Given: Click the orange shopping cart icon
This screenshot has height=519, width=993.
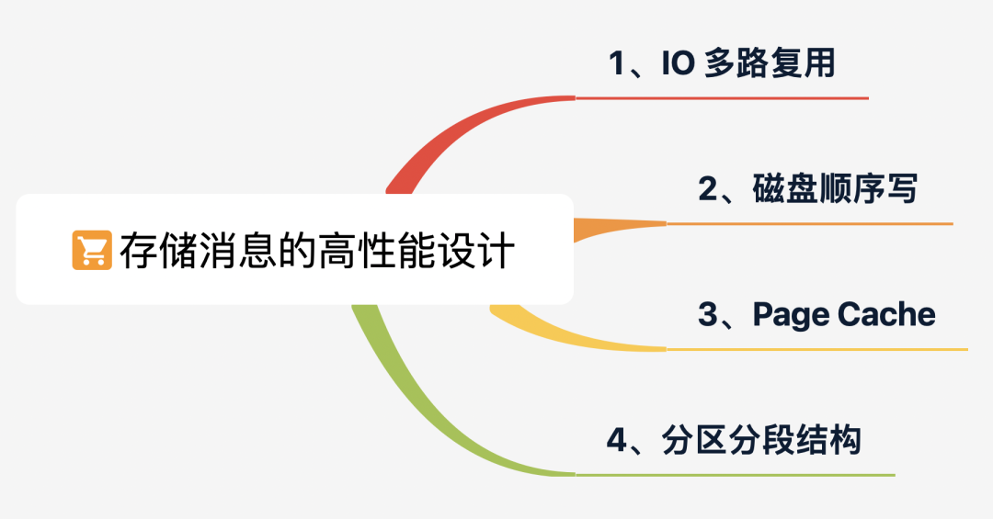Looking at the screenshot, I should [92, 250].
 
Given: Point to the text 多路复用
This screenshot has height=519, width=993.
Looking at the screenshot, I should [769, 65].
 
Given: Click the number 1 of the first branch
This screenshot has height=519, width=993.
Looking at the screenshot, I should [616, 65].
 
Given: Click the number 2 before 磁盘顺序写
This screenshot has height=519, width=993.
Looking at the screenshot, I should [707, 190].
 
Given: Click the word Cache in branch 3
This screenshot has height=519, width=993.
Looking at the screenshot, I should [886, 314].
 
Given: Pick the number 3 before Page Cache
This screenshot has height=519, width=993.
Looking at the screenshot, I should [707, 315].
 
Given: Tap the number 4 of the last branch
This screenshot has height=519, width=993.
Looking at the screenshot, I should [616, 441].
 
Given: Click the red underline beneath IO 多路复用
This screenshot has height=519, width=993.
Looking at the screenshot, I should [722, 97].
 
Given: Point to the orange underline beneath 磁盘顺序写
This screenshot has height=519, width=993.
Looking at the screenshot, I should [809, 223].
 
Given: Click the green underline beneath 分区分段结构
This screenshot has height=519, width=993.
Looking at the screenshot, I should [736, 475].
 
